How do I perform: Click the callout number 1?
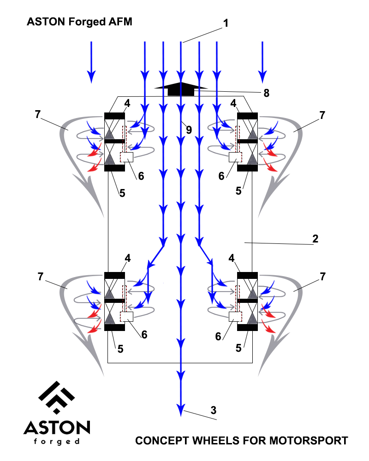click(226, 23)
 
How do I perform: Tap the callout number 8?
click(266, 93)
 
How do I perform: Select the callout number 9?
click(189, 130)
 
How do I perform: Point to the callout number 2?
click(315, 239)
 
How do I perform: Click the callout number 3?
click(214, 410)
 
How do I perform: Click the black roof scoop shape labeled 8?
click(181, 89)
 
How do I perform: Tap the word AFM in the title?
click(120, 22)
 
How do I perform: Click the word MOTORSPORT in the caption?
click(309, 441)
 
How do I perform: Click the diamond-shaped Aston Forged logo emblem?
click(56, 397)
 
